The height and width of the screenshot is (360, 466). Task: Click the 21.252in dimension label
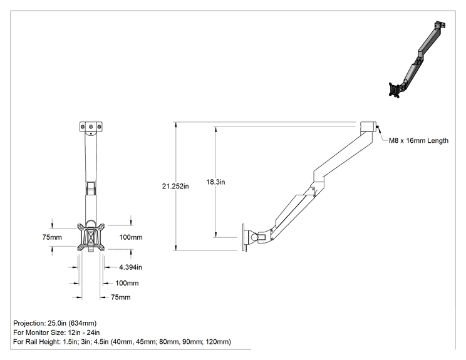click(x=175, y=186)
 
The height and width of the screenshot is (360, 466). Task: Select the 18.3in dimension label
click(x=215, y=182)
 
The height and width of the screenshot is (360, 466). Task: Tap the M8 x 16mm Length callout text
click(x=418, y=140)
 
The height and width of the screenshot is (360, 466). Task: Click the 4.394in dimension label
click(x=130, y=267)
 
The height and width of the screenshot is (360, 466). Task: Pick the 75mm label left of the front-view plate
click(x=52, y=237)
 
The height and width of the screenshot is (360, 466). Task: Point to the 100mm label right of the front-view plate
click(x=131, y=237)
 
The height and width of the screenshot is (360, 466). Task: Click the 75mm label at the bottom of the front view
click(x=121, y=297)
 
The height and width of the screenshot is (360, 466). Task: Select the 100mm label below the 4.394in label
click(x=127, y=283)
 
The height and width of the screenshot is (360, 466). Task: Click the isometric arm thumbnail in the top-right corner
click(x=417, y=59)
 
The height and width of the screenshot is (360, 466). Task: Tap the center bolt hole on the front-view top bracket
click(x=91, y=127)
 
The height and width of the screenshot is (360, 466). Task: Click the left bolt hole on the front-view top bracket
click(x=82, y=127)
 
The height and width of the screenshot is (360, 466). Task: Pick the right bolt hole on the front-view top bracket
click(x=99, y=127)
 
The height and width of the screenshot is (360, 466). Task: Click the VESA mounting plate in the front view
click(x=91, y=237)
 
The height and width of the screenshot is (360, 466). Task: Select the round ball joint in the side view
click(x=255, y=237)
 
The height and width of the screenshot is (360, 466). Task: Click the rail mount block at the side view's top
click(x=368, y=127)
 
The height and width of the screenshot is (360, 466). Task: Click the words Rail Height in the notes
click(x=43, y=342)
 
